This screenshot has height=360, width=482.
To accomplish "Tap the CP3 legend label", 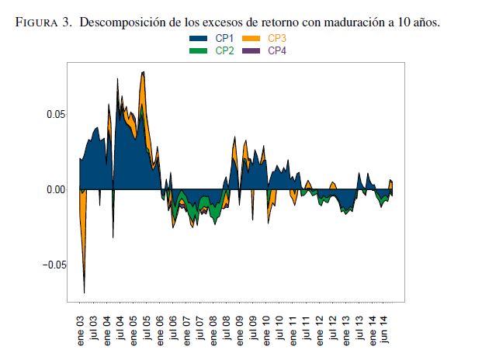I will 276,38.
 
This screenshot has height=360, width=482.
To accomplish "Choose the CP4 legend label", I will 276,50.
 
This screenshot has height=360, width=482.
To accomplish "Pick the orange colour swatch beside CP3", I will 251,38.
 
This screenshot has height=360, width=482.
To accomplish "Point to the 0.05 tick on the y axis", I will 54,114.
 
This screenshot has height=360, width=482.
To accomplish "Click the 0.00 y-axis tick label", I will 54,189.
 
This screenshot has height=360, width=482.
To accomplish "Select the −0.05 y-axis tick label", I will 50,265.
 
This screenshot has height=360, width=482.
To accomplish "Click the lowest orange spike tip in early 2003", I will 84,292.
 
